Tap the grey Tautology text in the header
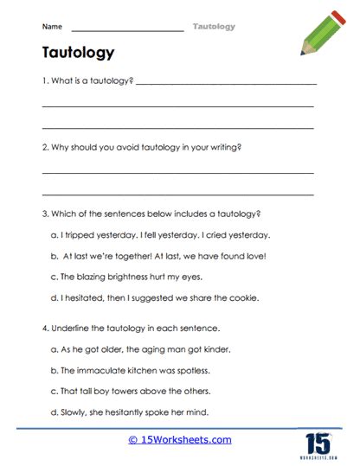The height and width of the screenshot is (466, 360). pos(213,27)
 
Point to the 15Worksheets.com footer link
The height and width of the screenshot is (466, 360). pos(179,439)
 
